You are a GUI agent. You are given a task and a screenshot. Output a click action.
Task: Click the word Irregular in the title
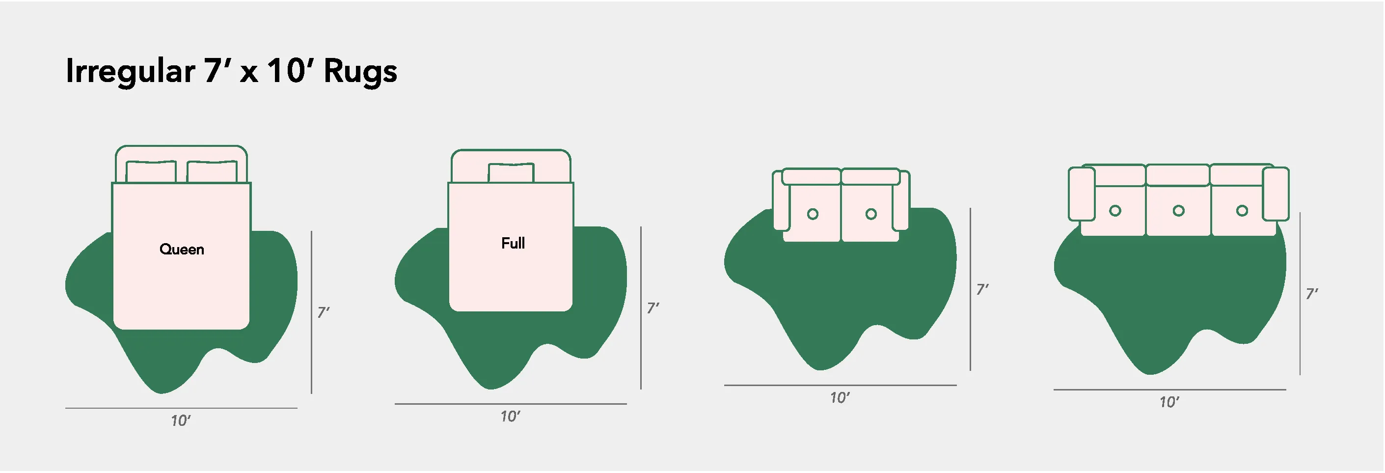tap(130, 72)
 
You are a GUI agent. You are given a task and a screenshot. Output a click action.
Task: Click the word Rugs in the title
tap(360, 72)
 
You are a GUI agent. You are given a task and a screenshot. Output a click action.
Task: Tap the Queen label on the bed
tap(182, 249)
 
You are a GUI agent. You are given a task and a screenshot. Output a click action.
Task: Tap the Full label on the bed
tap(513, 243)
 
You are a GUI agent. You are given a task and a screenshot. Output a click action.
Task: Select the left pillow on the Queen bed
tap(151, 171)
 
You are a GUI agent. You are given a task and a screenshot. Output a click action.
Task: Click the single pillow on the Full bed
tap(511, 173)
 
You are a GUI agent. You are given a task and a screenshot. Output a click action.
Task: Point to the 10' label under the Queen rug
tap(181, 421)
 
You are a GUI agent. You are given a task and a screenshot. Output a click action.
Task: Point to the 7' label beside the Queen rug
tap(323, 312)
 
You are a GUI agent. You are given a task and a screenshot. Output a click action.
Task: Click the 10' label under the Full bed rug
tap(510, 417)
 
